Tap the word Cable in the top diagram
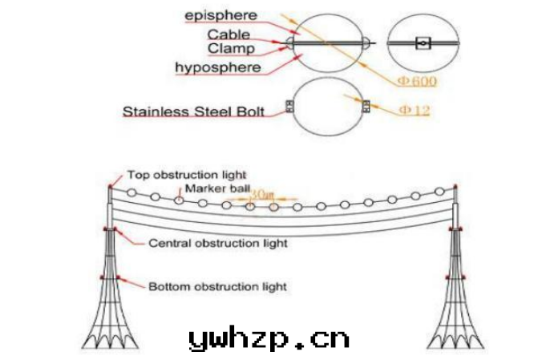tap(228, 34)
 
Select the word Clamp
tap(230, 48)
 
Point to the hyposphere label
tap(217, 67)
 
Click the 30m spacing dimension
tap(261, 195)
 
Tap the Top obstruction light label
tap(186, 174)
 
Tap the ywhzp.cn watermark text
tap(269, 339)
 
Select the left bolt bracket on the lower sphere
tap(290, 107)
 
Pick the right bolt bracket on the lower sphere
tap(366, 106)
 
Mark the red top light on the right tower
tap(455, 187)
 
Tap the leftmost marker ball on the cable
tap(131, 192)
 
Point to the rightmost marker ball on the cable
tap(439, 191)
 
